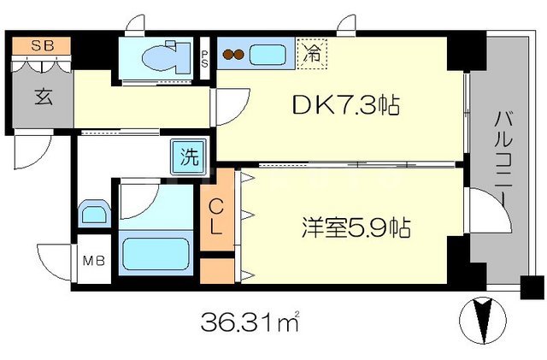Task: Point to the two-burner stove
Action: [x=233, y=56]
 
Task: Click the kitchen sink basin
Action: [x=272, y=56]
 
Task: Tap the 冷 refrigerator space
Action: [x=313, y=55]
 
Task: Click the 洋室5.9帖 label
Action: [x=356, y=227]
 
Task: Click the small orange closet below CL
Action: [x=217, y=271]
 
